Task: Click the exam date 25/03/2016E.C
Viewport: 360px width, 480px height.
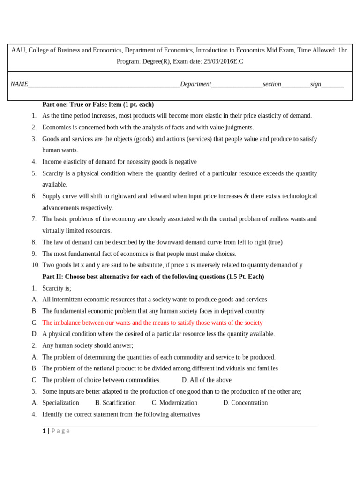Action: click(223, 61)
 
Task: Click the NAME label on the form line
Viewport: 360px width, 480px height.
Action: click(19, 84)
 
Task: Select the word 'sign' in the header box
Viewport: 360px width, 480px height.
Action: click(315, 84)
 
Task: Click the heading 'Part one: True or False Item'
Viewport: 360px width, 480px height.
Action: click(98, 105)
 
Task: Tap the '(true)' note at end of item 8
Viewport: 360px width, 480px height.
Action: click(275, 242)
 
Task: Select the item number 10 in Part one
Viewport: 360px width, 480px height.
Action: click(36, 265)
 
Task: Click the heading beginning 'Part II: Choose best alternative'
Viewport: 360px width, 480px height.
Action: click(153, 277)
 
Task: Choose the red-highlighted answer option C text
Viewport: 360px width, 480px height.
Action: click(152, 323)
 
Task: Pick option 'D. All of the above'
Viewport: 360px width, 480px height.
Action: click(206, 380)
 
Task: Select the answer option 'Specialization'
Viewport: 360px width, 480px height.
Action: click(60, 403)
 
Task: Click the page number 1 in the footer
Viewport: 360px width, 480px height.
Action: click(44, 431)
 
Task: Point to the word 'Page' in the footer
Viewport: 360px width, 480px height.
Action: click(60, 431)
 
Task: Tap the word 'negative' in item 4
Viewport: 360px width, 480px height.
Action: click(185, 162)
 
